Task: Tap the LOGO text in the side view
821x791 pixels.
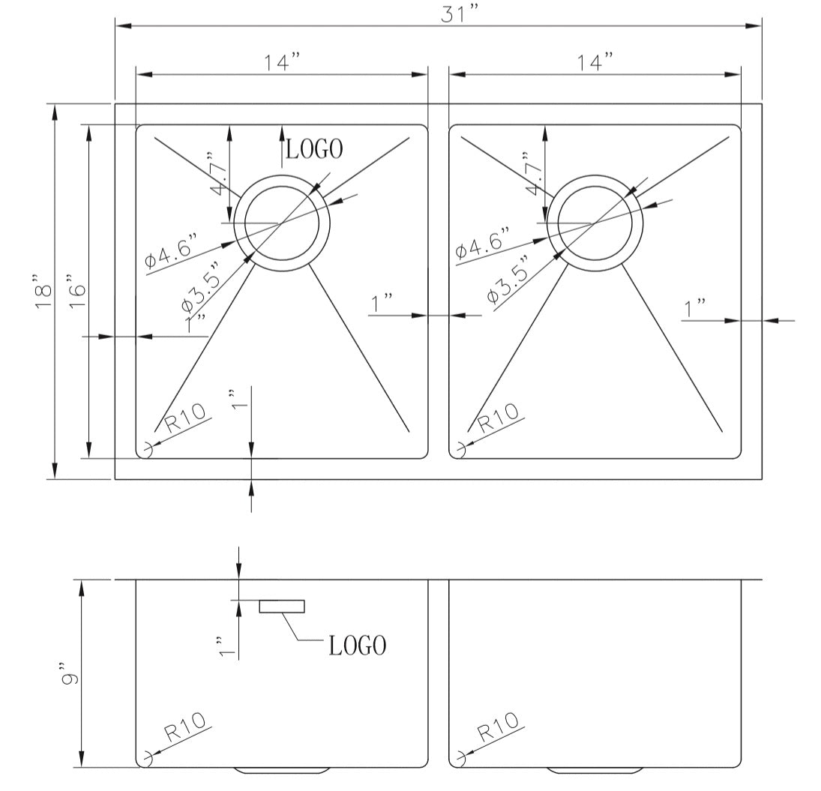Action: point(358,645)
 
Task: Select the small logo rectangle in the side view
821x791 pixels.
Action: point(282,606)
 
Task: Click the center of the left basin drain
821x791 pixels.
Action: point(282,223)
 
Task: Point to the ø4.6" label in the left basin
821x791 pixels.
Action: point(172,249)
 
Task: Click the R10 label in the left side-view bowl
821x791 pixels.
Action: point(184,727)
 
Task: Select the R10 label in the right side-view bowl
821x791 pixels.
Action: point(498,727)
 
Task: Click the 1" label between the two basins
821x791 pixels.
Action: point(383,304)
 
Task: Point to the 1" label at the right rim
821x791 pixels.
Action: point(695,308)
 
